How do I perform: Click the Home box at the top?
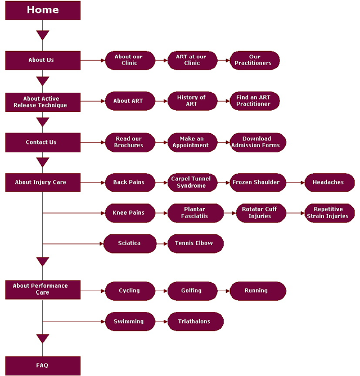(x=43, y=10)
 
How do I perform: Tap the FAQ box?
(x=43, y=365)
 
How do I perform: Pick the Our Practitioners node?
(x=254, y=60)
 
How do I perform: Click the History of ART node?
(x=192, y=101)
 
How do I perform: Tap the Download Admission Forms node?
(x=258, y=142)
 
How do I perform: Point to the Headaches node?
(x=329, y=183)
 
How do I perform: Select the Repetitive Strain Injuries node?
(x=329, y=213)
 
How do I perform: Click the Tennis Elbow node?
(x=195, y=243)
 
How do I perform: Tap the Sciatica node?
(x=130, y=243)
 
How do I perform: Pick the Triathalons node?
(x=195, y=321)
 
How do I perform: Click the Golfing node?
(x=192, y=291)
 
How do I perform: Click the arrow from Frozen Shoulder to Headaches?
(x=295, y=183)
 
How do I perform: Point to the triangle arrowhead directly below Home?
(x=43, y=35)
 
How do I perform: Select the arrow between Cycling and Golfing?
(x=161, y=291)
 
